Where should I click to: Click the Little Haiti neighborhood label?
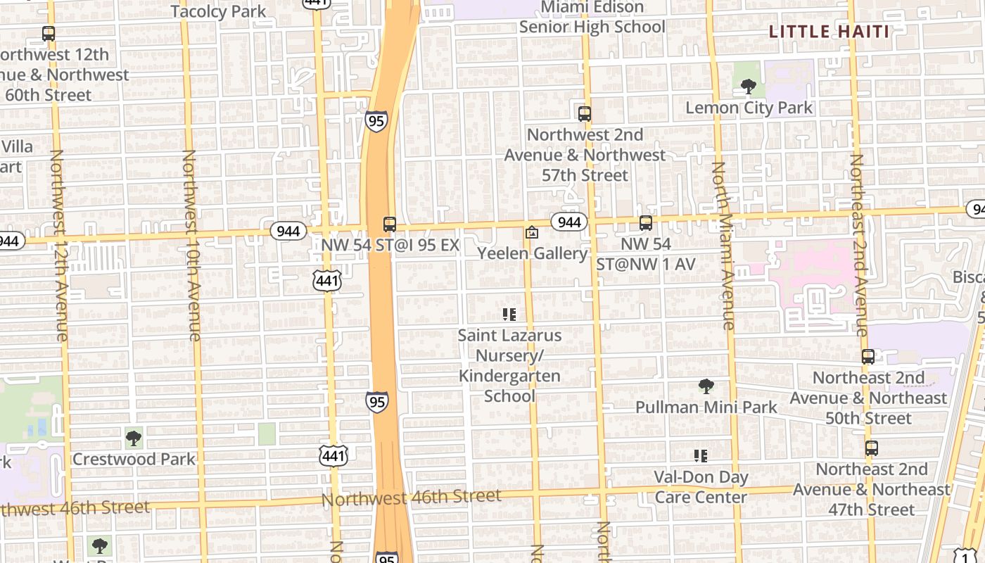[x=829, y=32]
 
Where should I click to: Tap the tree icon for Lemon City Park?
[x=749, y=87]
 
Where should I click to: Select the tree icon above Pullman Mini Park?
[x=706, y=386]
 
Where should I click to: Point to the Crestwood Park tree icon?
[x=134, y=438]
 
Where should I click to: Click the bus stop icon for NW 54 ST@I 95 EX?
[x=390, y=224]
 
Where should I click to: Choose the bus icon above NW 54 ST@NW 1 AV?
[x=646, y=223]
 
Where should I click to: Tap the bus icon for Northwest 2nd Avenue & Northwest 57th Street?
[x=584, y=113]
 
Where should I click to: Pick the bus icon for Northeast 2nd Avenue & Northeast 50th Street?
[x=868, y=357]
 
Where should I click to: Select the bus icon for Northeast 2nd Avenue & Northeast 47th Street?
[x=872, y=448]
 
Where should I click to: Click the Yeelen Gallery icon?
[x=532, y=232]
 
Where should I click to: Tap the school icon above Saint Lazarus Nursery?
[x=509, y=315]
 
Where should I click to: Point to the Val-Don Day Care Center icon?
[x=701, y=456]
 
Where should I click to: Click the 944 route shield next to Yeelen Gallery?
[x=568, y=222]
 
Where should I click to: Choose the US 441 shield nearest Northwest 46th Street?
[x=333, y=455]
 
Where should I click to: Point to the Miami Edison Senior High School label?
[x=592, y=18]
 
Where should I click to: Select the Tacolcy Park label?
[x=218, y=11]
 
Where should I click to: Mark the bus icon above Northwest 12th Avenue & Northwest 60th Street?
[x=49, y=33]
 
